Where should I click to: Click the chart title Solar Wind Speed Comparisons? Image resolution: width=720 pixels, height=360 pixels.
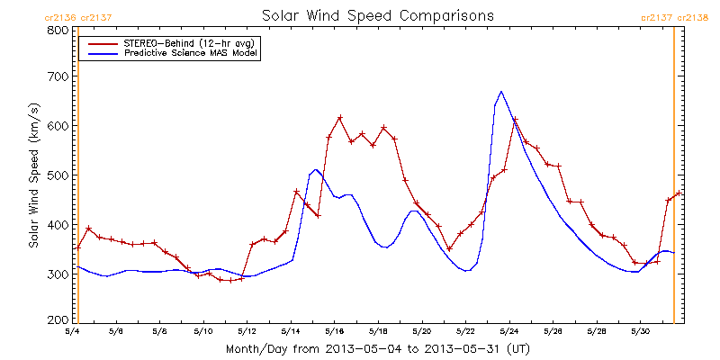(x=377, y=16)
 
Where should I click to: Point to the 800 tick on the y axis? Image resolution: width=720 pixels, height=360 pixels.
(x=58, y=30)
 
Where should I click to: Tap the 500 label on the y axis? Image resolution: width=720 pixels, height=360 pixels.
(x=58, y=175)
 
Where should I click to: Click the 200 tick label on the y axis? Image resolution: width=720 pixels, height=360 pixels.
(x=58, y=320)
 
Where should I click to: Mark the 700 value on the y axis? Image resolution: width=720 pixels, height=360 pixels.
(x=58, y=77)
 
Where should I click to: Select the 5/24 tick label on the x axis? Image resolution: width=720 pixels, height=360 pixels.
(x=508, y=333)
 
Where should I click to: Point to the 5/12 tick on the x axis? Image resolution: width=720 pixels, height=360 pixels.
(x=247, y=333)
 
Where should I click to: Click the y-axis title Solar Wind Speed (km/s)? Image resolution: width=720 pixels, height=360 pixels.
(x=33, y=175)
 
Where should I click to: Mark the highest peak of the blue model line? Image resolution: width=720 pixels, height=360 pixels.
(x=501, y=91)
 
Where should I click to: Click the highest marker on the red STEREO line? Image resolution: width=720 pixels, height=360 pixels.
(x=340, y=117)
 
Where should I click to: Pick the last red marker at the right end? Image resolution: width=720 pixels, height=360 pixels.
(x=679, y=193)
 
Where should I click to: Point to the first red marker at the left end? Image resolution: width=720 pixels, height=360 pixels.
(x=78, y=247)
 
